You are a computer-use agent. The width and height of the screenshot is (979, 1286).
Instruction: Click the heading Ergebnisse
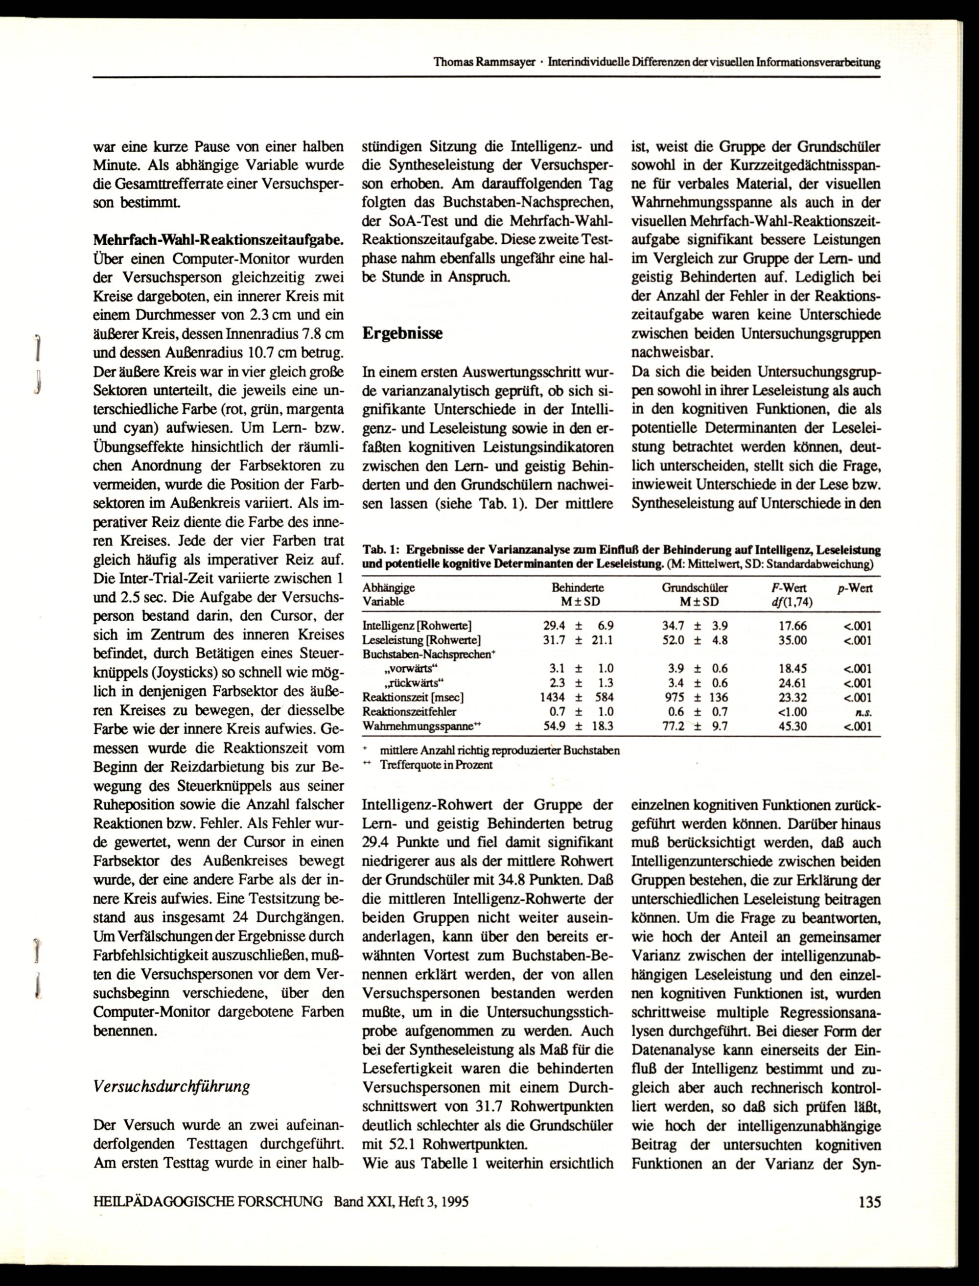[x=402, y=333]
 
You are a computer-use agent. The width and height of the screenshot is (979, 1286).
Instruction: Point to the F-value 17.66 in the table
[x=793, y=627]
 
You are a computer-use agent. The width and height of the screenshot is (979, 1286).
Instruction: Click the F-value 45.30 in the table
[x=793, y=726]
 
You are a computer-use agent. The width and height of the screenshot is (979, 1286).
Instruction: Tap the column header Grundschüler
[x=695, y=588]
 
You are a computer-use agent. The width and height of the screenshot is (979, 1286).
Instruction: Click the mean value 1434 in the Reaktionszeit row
[x=553, y=698]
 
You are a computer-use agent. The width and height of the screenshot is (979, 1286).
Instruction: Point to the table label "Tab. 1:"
[x=380, y=549]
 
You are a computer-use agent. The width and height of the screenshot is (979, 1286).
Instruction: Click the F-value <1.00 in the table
[x=793, y=712]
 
